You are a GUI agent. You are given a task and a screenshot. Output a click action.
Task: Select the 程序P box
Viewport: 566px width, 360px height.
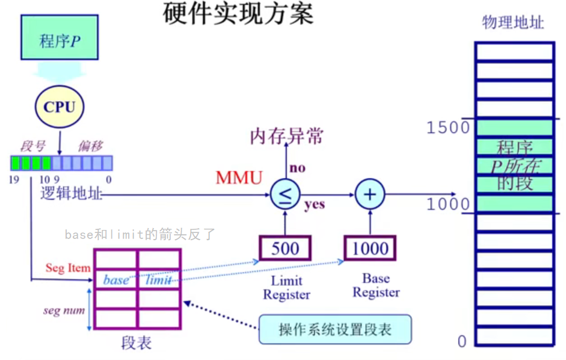tap(59, 40)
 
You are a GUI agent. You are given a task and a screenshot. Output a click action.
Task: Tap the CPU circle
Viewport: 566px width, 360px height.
tap(59, 107)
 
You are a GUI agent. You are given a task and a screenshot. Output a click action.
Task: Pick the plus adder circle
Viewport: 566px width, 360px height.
tap(370, 194)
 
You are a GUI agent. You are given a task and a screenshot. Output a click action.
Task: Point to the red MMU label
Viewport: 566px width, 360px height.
tap(239, 178)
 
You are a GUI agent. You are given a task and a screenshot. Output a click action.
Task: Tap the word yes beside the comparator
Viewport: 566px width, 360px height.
tap(314, 205)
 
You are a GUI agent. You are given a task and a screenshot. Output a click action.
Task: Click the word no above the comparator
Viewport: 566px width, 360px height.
tap(297, 168)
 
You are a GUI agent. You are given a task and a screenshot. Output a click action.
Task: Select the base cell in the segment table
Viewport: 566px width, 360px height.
tap(116, 280)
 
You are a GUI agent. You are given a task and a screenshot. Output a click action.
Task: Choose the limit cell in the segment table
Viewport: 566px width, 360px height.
tap(159, 280)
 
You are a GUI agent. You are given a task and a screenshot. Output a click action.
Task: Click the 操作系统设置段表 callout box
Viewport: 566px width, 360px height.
tap(335, 330)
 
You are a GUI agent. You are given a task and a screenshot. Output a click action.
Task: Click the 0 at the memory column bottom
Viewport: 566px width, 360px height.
tap(462, 341)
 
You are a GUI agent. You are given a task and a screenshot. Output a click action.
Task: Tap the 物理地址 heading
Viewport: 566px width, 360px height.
tap(513, 23)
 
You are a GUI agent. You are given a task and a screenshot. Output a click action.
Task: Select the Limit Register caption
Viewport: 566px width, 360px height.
tap(286, 288)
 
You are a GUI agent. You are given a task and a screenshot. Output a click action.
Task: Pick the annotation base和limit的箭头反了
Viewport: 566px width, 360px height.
tap(140, 234)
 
